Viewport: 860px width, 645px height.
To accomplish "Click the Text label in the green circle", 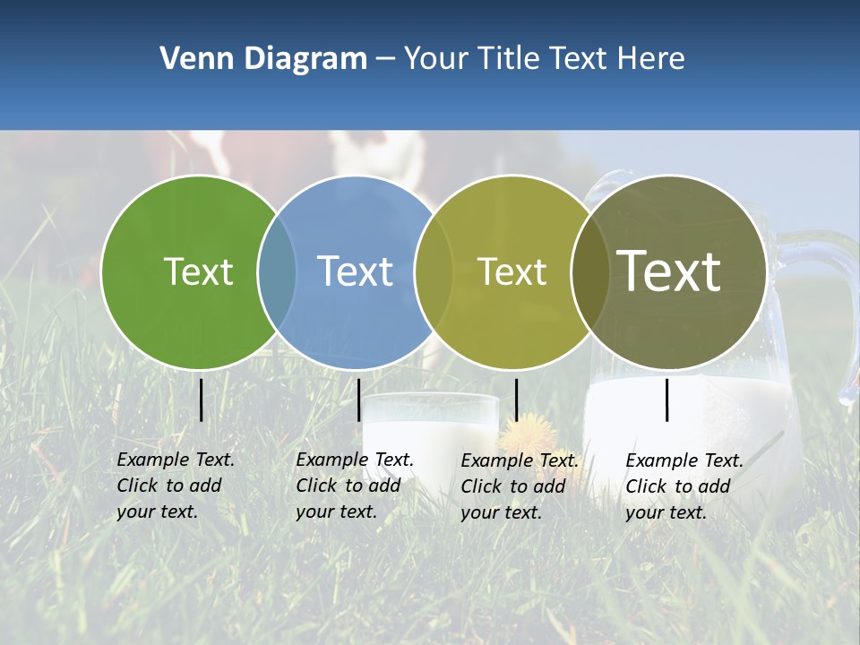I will coord(198,271).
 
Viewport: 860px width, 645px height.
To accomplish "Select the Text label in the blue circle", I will coord(356,271).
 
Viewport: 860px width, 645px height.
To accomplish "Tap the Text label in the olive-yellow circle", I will coord(512,271).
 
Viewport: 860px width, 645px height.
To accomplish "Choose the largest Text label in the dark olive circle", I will coord(669,271).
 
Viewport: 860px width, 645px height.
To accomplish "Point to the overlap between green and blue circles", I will coord(277,272).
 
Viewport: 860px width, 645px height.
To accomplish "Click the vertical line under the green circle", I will coord(201,400).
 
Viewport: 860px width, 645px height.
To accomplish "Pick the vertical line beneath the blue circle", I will coord(358,400).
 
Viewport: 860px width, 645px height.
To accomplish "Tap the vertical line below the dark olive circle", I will coord(666,400).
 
